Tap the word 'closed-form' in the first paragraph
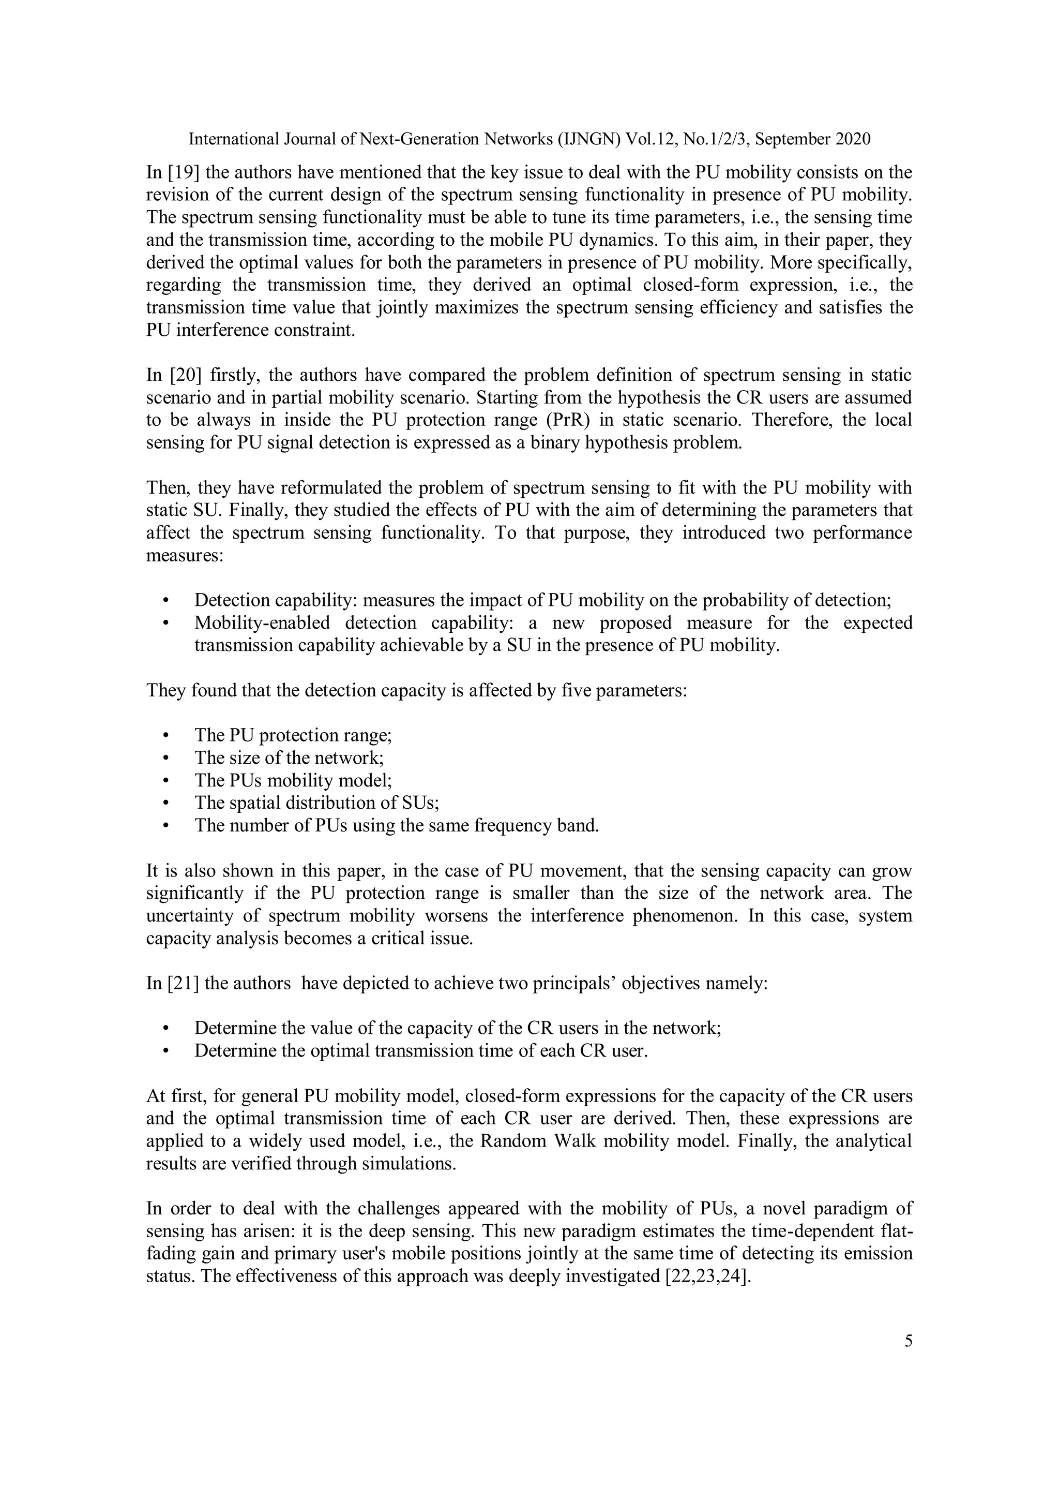686,285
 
